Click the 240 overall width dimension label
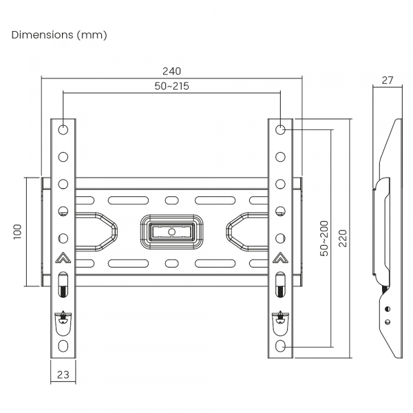tap(172, 70)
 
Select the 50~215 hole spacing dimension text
tap(172, 86)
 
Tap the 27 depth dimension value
tap(387, 80)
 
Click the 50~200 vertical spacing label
tap(324, 238)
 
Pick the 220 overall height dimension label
tap(343, 238)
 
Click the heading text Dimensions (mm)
tap(59, 34)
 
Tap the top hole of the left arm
tap(63, 129)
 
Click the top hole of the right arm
tap(281, 129)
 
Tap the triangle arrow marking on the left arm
tap(63, 259)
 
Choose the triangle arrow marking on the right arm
tap(281, 259)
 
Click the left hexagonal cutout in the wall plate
tap(96, 231)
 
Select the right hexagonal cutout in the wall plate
tap(246, 231)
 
